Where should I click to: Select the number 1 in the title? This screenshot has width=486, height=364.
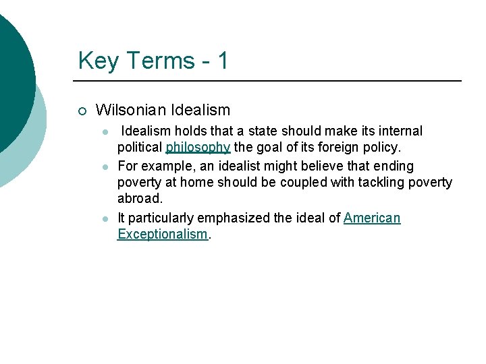tap(222, 61)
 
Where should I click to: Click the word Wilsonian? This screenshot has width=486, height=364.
tap(131, 110)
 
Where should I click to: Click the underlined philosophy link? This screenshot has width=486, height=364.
tap(198, 148)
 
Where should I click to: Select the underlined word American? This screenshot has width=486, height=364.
tap(372, 218)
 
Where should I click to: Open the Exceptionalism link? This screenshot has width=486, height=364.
tap(162, 234)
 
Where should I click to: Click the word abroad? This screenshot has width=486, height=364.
tap(139, 199)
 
